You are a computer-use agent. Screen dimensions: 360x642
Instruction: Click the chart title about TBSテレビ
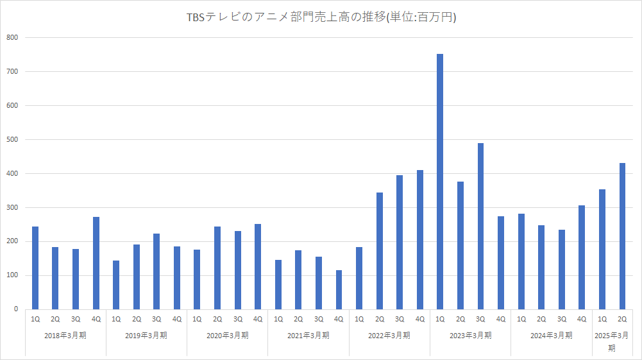tap(321, 18)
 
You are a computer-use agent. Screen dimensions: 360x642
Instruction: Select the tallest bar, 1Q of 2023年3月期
tap(440, 182)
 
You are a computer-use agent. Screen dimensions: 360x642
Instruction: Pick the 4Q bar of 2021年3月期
tap(339, 289)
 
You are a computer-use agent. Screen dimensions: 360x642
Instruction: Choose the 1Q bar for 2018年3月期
tap(35, 268)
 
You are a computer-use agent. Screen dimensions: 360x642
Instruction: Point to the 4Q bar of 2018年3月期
tap(96, 263)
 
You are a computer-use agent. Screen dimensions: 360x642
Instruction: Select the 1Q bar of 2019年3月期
tap(116, 285)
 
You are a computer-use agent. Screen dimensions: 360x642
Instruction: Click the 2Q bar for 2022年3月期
tap(379, 251)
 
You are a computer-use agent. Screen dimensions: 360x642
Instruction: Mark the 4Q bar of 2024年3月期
tap(582, 257)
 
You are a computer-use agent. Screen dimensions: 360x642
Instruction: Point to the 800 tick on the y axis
tap(13, 38)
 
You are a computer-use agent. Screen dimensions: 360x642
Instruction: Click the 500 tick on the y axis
tap(13, 139)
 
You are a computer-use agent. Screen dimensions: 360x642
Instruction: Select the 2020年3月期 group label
tap(227, 335)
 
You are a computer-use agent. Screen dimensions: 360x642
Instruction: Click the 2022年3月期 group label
tap(389, 335)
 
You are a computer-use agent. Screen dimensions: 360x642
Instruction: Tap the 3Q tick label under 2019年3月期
tap(156, 319)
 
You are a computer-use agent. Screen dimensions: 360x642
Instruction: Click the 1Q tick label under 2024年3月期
tap(521, 319)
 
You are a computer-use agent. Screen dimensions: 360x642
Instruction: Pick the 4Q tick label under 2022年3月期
tap(420, 319)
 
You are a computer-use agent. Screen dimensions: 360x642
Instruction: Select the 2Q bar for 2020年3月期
tap(217, 268)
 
